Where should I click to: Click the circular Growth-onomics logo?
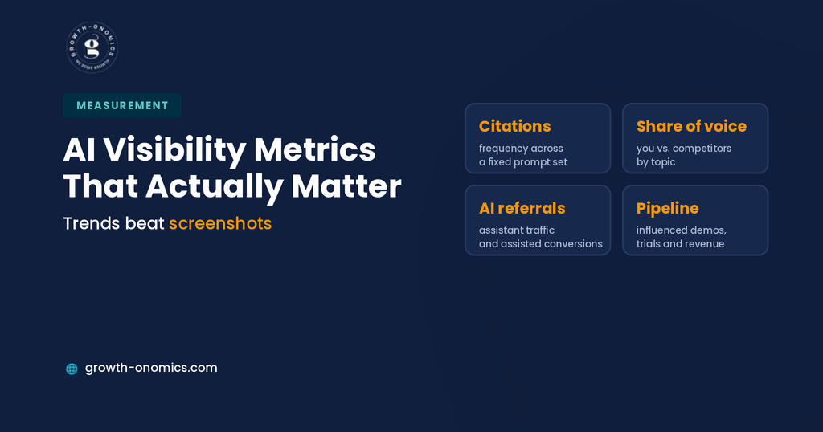pos(92,47)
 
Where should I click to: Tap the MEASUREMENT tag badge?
pos(122,105)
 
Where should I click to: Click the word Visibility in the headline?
pos(174,150)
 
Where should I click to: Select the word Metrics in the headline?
pos(315,150)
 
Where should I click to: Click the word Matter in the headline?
pos(346,186)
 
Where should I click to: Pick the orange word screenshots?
pos(220,223)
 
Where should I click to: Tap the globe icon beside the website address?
pos(72,369)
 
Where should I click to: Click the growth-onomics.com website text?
pos(151,368)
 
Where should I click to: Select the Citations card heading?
pos(515,126)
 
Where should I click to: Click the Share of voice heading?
pos(691,126)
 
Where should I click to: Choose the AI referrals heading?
pos(522,208)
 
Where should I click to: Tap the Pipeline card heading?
pos(667,209)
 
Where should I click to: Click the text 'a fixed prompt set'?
pos(522,162)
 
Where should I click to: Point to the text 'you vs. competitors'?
pos(683,149)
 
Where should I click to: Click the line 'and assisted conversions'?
pos(541,244)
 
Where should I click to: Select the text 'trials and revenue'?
pos(680,244)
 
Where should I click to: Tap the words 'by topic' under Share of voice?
pos(656,162)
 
